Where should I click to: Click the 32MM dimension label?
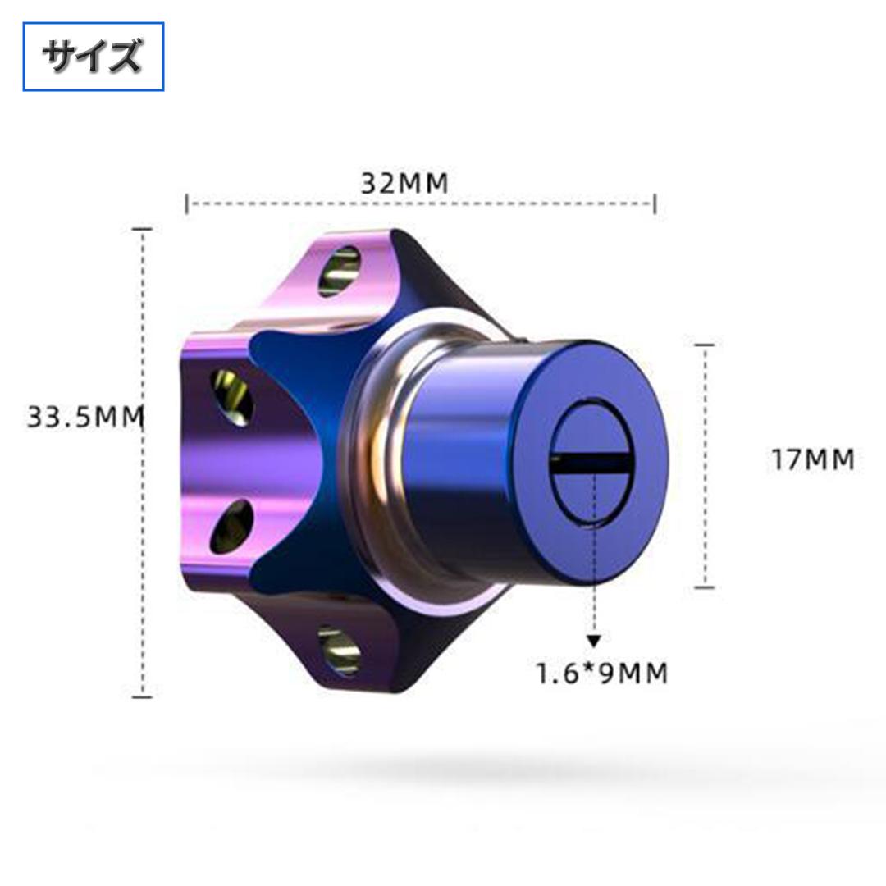click(404, 183)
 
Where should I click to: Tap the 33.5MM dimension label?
click(85, 417)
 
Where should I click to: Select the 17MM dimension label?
click(813, 459)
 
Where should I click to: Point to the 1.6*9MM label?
click(601, 673)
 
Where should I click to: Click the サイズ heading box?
click(94, 57)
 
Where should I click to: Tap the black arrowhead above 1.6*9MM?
click(593, 641)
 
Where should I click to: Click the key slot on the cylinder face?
click(591, 464)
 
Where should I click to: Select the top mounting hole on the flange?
click(339, 272)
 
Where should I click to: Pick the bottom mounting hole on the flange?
click(339, 650)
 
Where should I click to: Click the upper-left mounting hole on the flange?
click(231, 397)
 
